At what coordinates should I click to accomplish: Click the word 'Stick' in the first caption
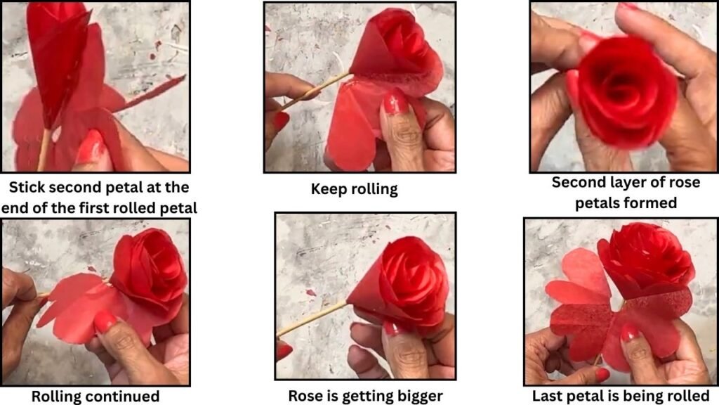27,187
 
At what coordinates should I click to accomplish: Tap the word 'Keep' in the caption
326,189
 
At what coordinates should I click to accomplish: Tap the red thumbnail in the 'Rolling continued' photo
105,322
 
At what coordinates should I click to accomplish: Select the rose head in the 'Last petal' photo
646,258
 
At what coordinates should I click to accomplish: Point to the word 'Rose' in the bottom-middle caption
305,396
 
